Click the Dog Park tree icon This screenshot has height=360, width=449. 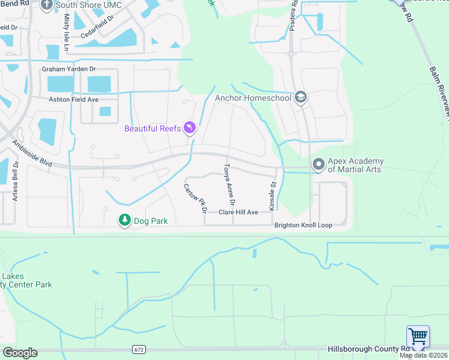click(x=124, y=221)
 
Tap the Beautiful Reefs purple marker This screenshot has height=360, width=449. click(x=190, y=128)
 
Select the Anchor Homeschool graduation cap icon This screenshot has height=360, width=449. click(x=301, y=98)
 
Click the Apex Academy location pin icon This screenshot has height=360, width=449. click(x=319, y=164)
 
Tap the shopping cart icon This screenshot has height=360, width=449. click(x=418, y=337)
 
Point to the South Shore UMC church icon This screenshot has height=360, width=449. click(x=47, y=5)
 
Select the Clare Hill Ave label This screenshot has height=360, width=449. click(x=238, y=212)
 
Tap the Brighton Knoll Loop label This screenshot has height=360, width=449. click(x=303, y=226)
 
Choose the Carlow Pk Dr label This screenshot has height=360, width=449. click(x=195, y=199)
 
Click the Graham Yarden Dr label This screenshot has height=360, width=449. click(x=69, y=69)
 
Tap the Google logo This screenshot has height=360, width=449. click(x=20, y=353)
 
